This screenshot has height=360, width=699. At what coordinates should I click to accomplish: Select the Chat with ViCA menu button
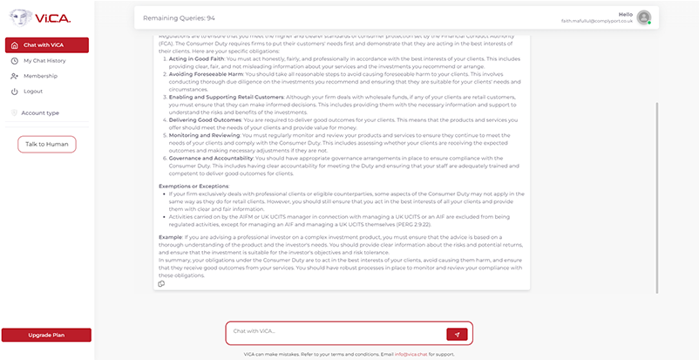(46, 45)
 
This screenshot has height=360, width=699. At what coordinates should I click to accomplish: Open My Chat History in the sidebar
(43, 61)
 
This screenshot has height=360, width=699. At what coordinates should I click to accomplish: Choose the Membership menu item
(38, 76)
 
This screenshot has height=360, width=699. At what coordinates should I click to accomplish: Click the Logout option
(33, 91)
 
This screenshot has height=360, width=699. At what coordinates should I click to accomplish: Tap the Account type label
(40, 112)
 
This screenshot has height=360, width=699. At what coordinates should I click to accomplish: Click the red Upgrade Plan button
(46, 335)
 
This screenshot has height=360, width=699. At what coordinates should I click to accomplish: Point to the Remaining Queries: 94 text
(186, 17)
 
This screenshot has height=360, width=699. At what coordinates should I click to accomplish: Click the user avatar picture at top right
(644, 17)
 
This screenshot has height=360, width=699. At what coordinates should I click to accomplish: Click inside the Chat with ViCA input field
(336, 333)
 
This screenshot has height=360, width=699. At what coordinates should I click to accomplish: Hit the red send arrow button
(457, 334)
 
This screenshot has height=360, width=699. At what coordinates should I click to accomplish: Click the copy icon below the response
(161, 284)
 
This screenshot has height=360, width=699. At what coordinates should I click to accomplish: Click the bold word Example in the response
(171, 236)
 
